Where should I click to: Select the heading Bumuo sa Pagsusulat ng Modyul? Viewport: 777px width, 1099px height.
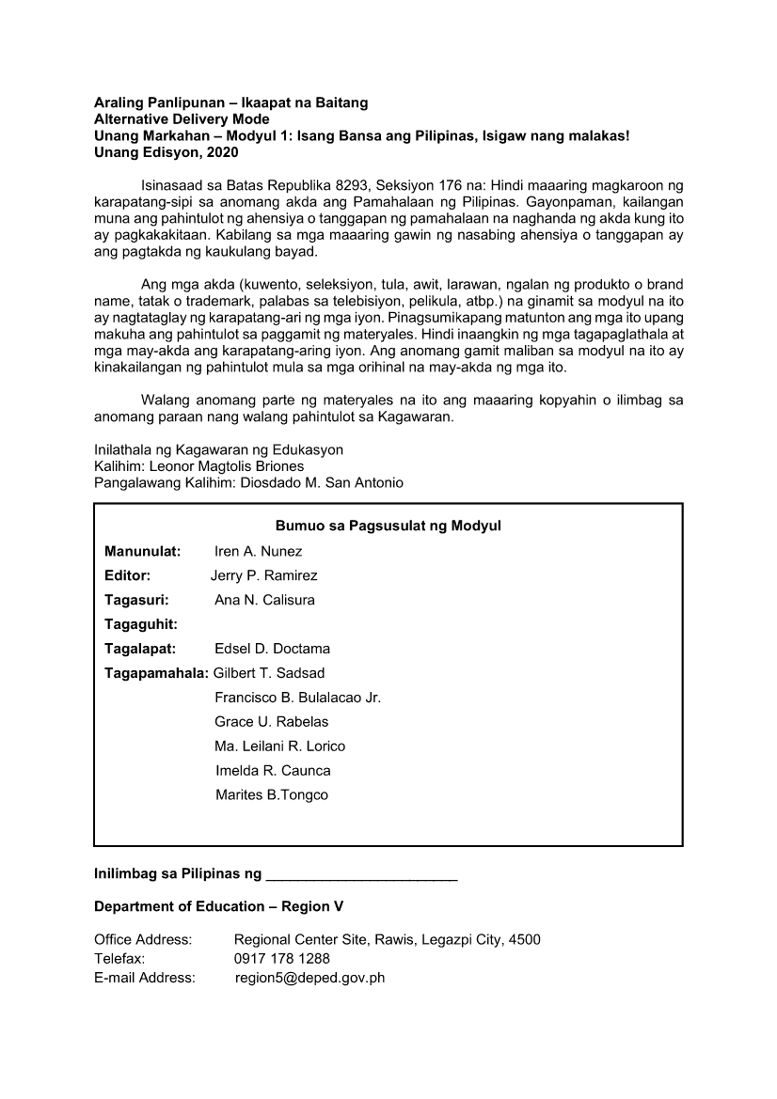pos(388,526)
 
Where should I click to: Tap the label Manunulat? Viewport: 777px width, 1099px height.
pos(142,551)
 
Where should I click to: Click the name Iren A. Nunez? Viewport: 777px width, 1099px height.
pos(259,551)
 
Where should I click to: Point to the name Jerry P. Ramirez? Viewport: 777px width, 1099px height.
pos(264,575)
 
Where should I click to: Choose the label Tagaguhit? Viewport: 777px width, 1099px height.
pos(142,624)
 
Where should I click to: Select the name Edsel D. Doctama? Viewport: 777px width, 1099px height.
pos(273,649)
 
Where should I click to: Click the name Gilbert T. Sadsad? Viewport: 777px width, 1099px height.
pos(269,673)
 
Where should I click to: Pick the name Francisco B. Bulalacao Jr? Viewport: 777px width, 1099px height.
pos(297,698)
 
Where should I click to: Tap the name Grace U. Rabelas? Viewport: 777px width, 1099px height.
pos(272,722)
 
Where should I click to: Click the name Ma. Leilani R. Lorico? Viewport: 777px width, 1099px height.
pos(280,746)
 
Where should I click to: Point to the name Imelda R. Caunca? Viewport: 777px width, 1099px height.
pos(273,771)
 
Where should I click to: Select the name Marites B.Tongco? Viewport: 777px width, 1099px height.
pos(272,795)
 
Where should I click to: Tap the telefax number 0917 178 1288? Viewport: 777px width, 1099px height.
pos(282,959)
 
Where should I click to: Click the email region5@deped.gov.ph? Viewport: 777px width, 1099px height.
pos(309,978)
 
